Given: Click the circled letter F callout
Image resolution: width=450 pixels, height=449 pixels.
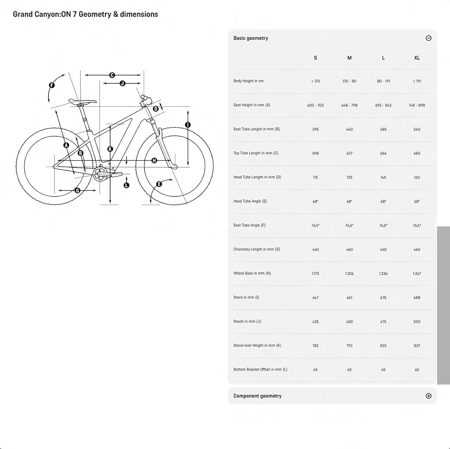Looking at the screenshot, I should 52,85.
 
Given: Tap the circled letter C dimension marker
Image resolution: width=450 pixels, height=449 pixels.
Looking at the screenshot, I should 112,75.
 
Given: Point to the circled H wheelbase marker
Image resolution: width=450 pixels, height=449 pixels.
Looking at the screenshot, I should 154,161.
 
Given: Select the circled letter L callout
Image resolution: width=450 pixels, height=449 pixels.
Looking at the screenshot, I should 126,185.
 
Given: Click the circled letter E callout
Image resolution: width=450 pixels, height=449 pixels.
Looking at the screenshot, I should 159,184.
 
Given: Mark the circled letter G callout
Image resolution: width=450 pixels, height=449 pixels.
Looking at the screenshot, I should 77,190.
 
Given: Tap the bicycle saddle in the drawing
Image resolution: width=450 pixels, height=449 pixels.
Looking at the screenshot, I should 82,102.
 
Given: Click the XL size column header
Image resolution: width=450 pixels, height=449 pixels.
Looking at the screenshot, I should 417,58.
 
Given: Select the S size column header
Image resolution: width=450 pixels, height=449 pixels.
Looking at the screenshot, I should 315,58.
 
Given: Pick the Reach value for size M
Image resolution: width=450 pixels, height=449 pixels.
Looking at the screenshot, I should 349,321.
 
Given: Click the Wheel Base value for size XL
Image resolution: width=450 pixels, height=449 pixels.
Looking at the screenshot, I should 417,273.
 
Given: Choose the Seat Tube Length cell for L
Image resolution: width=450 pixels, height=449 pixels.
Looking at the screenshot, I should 383,129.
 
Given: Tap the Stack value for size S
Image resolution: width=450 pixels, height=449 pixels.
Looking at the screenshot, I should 315,297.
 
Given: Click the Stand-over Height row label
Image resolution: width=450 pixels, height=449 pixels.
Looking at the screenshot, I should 257,345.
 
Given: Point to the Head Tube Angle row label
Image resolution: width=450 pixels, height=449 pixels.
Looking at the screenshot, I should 250,201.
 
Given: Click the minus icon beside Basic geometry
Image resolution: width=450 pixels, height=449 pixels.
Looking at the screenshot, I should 428,38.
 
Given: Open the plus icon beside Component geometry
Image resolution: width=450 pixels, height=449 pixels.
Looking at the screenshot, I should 428,396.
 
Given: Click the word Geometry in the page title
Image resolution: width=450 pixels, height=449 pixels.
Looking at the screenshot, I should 95,14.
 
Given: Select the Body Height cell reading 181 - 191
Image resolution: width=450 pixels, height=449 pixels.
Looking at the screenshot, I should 383,81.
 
